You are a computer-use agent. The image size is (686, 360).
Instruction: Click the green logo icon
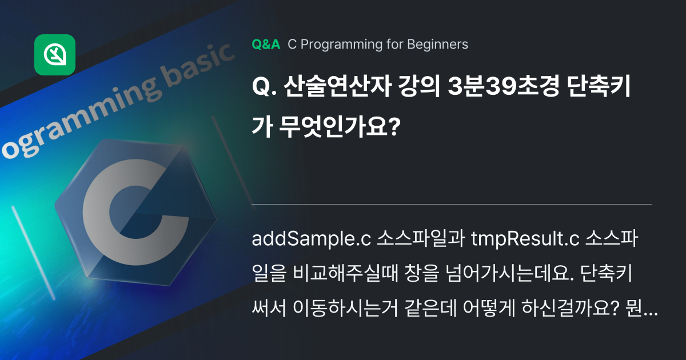pos(55,55)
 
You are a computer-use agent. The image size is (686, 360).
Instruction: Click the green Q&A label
pos(266,45)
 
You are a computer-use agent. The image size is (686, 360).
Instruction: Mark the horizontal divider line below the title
pos(452,204)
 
